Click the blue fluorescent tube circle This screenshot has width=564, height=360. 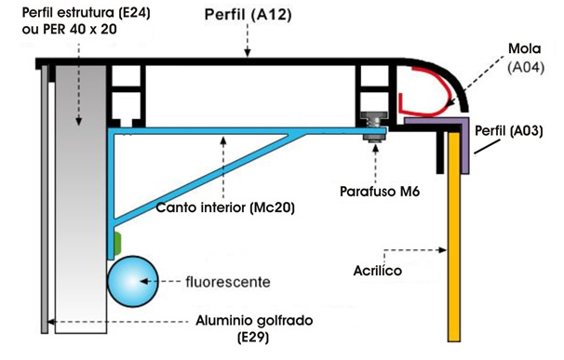133,281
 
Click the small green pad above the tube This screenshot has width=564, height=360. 118,244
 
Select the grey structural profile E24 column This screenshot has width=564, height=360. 81,195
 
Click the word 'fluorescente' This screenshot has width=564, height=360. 222,279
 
